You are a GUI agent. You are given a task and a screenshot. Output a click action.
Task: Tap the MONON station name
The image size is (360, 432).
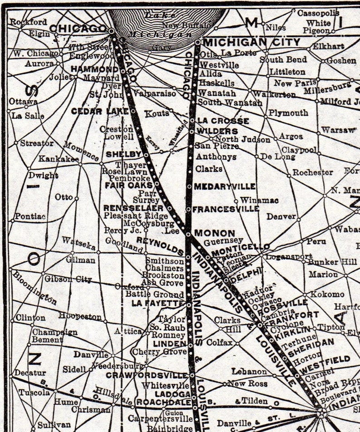point(214,233)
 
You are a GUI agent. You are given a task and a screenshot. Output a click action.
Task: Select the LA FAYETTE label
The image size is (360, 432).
point(157,303)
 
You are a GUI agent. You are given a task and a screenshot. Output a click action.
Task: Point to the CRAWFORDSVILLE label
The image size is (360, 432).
point(147,375)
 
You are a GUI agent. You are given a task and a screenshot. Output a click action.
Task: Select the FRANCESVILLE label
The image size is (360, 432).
point(226,209)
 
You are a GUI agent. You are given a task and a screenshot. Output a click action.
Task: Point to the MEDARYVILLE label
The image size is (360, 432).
point(225,187)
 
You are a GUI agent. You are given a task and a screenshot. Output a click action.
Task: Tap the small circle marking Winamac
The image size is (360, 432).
point(236,201)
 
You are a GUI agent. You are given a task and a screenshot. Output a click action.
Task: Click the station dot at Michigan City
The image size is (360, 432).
point(198,42)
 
